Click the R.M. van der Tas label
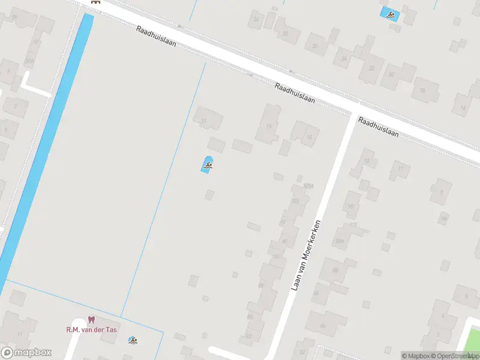(91, 329)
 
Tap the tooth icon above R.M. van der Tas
(91, 320)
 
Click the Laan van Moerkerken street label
(307, 255)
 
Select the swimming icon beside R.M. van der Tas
(133, 341)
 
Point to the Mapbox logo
(26, 353)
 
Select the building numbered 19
(269, 125)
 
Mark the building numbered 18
(425, 89)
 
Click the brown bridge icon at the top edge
(95, 2)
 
